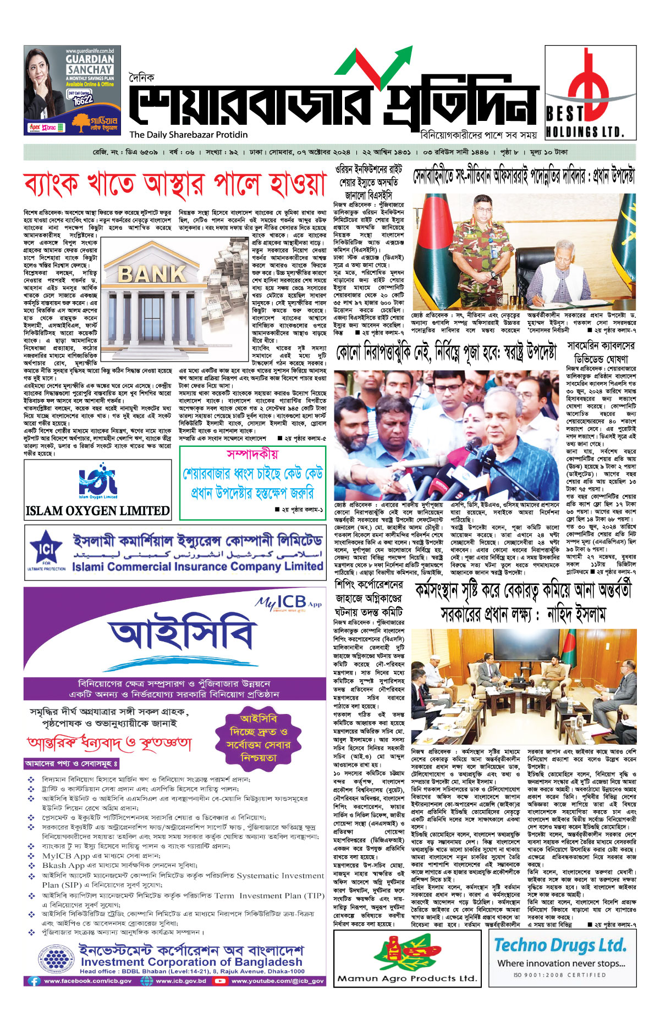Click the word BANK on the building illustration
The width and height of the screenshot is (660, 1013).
(x=152, y=274)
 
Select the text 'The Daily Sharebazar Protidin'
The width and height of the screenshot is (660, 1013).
(x=189, y=135)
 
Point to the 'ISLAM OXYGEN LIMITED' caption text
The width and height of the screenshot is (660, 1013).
(x=98, y=511)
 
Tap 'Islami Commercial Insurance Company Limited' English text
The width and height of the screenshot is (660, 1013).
(x=197, y=566)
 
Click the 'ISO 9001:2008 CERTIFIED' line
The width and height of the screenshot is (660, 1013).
(x=560, y=975)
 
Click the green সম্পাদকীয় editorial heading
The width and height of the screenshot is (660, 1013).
(x=252, y=454)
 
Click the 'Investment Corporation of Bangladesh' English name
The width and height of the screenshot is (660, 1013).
(x=191, y=962)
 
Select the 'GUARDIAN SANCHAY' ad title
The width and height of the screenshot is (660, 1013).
(x=90, y=64)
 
